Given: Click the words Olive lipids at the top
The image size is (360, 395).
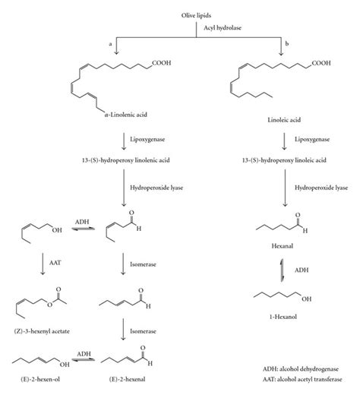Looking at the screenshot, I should click(180, 7).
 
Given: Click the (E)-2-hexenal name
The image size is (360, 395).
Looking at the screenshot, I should click(125, 385).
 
